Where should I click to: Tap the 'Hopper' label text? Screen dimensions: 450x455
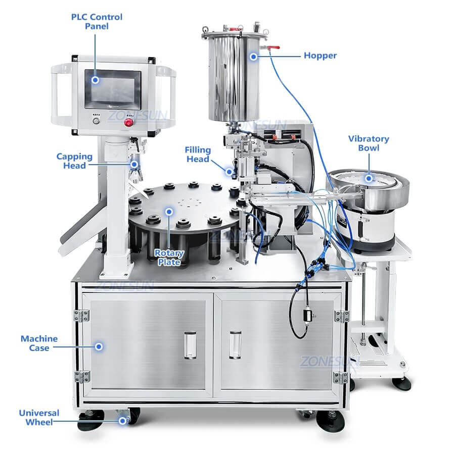320,56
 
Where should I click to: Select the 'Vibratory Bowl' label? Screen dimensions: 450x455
368,143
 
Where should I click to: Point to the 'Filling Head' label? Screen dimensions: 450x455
197,154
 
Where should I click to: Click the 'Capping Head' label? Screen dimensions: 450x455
74,161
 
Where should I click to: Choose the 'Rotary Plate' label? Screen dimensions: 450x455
169,257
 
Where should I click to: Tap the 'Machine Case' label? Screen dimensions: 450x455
39,343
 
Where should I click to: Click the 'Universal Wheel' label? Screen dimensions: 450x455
39,417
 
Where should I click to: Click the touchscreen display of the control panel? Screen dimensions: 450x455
113,88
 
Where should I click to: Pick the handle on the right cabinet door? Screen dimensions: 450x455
235,344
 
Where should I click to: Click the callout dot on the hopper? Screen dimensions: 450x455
253,57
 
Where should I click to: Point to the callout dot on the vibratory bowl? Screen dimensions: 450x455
369,178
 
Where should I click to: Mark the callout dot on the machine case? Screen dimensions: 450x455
99,346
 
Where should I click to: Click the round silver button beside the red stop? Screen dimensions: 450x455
97,122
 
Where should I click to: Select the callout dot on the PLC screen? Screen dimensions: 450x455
95,79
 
